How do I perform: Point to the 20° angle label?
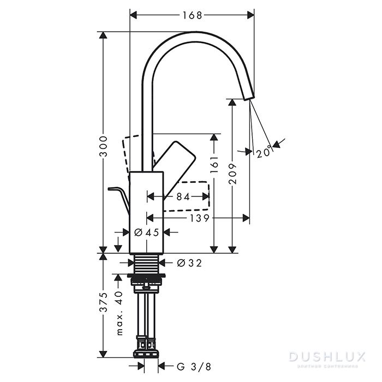tap(264, 153)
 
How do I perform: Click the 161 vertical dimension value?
tap(214, 165)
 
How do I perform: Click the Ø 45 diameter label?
tap(146, 232)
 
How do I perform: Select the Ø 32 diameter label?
tap(189, 264)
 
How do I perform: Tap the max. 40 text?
tap(119, 313)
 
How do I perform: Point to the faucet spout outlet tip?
tap(248, 98)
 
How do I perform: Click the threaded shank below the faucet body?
tap(146, 264)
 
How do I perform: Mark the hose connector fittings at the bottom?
tap(146, 346)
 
